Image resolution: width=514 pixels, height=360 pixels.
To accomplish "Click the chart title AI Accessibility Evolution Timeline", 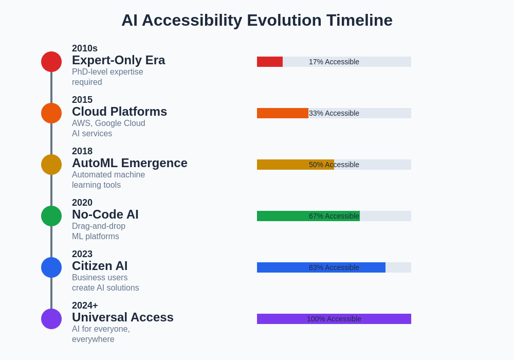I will click(257, 21).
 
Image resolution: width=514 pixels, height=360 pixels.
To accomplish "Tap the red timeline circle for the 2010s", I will click(51, 62).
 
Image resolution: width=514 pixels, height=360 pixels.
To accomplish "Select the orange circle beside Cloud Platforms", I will click(51, 113).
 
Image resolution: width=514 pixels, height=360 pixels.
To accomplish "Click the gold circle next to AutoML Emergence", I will click(51, 165).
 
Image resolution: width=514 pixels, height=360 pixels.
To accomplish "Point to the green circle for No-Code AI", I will click(51, 216).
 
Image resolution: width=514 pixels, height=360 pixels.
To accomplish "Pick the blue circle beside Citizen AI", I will click(51, 267).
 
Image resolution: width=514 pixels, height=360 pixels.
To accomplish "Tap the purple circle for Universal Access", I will click(51, 319).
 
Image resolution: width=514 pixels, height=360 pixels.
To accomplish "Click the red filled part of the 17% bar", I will click(270, 62).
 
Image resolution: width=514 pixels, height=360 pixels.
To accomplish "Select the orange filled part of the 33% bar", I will click(282, 113).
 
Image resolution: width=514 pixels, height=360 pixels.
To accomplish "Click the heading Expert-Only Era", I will click(118, 60).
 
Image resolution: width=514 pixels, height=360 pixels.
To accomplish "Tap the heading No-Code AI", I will click(105, 214).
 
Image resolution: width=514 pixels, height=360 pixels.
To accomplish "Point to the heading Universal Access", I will click(122, 317).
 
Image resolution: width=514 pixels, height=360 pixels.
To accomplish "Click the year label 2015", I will click(82, 100).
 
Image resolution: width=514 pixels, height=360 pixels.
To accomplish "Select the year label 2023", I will click(82, 254).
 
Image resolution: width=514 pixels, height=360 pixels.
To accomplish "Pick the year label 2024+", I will click(85, 305).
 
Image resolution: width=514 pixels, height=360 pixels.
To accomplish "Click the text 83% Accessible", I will click(334, 267).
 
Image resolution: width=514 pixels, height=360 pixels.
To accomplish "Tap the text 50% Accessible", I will click(334, 165).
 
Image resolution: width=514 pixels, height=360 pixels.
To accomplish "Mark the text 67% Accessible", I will click(334, 216).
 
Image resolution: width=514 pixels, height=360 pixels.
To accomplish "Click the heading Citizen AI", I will click(100, 266).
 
